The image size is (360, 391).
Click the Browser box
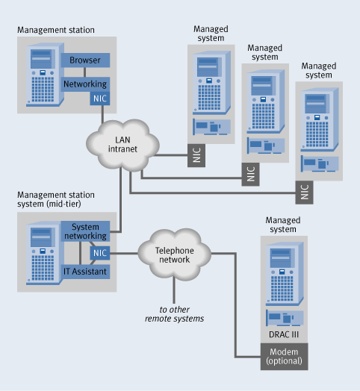[x=85, y=60]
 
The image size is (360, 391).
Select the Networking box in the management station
[x=85, y=84]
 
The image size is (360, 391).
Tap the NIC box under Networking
[x=100, y=98]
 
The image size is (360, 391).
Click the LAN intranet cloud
[x=122, y=145]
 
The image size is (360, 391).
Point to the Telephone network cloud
[x=175, y=255]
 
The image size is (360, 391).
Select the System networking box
[x=85, y=231]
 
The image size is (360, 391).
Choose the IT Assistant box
[x=85, y=272]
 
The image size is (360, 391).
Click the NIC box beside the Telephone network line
[x=100, y=253]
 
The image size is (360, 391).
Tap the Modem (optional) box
[x=284, y=357]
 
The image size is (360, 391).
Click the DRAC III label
[x=284, y=334]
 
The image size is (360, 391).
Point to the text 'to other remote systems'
[x=175, y=314]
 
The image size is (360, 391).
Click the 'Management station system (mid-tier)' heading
[x=56, y=199]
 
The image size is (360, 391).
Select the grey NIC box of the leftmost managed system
[x=196, y=155]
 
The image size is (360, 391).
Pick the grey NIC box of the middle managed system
[x=250, y=175]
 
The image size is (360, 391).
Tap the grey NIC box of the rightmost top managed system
[x=304, y=193]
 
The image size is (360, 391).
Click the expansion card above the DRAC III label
[x=285, y=318]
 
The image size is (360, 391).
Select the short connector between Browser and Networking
[x=85, y=72]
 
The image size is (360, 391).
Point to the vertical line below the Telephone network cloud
[x=174, y=291]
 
